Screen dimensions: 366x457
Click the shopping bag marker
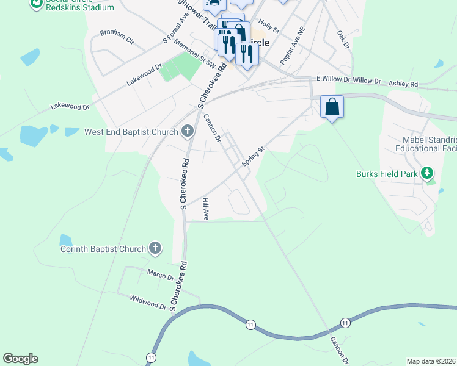click(332, 107)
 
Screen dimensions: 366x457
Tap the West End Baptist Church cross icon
click(188, 131)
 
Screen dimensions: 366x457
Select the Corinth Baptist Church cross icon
click(155, 248)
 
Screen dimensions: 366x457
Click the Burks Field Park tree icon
click(428, 174)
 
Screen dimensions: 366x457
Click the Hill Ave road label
click(206, 209)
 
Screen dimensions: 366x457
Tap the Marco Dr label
click(161, 275)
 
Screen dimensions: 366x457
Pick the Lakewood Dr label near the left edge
click(70, 107)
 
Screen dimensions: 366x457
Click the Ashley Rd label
click(403, 84)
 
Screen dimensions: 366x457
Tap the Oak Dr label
click(342, 40)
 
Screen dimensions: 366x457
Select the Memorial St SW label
click(195, 53)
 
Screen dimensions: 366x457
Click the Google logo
click(20, 359)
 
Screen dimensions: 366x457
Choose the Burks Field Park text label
click(387, 174)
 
